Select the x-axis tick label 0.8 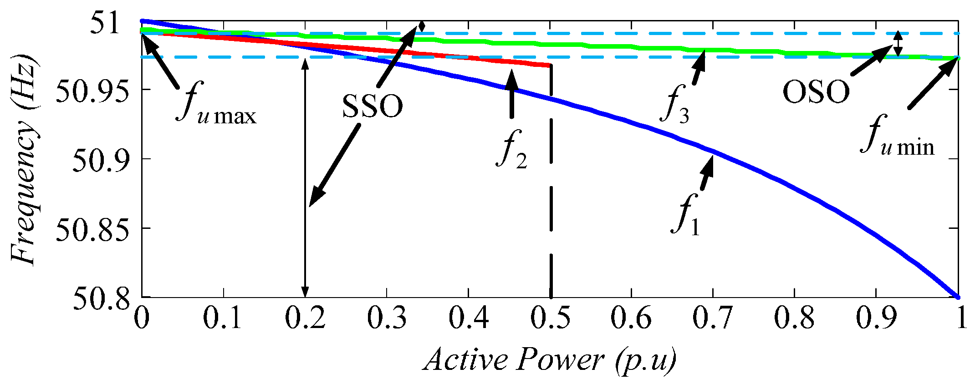pos(794,317)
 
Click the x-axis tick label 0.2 pos(305,317)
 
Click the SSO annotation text pos(372,106)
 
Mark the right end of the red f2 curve pos(550,66)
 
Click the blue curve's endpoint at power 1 pos(958,297)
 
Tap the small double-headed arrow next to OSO pos(897,44)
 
